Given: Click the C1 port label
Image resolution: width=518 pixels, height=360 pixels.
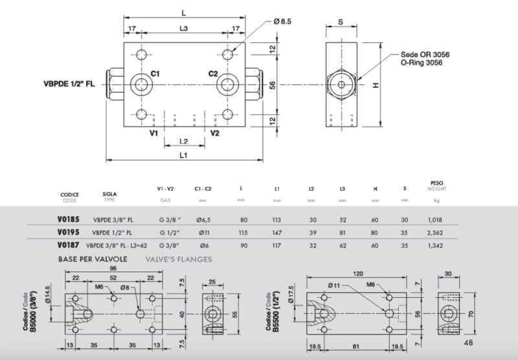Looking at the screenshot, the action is [x=155, y=74].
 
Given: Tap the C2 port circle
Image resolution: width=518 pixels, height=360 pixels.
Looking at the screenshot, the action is [x=228, y=85].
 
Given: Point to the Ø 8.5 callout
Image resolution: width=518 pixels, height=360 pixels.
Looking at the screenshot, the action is [x=282, y=21].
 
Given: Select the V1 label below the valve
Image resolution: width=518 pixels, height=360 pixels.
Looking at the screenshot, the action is [x=153, y=133].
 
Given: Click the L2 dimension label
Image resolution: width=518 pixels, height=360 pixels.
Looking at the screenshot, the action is [x=184, y=141].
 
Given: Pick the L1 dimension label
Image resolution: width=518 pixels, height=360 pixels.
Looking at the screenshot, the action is [x=183, y=155].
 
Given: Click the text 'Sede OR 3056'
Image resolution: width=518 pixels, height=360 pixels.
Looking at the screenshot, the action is [x=425, y=54].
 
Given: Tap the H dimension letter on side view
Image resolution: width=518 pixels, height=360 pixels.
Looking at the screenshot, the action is [x=376, y=85].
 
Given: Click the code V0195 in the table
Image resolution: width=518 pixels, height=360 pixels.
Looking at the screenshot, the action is [x=69, y=232].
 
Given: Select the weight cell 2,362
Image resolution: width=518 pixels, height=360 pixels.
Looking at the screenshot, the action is [x=434, y=233].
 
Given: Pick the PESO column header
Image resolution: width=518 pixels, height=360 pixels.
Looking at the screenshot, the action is [x=436, y=183].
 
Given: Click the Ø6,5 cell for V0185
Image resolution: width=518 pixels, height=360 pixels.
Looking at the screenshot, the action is [x=203, y=220].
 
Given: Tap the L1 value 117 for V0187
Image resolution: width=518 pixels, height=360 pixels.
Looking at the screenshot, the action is [x=276, y=246].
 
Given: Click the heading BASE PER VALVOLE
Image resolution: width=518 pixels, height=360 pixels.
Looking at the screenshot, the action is [x=93, y=259].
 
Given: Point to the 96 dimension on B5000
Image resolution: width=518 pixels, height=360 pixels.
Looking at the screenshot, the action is [x=113, y=268].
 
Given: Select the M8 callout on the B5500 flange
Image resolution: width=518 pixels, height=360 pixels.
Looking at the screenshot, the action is [x=370, y=285].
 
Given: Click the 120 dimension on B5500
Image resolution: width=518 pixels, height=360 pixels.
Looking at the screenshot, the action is [x=358, y=273].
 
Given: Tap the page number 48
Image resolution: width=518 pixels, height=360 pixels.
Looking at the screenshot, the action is [x=468, y=343].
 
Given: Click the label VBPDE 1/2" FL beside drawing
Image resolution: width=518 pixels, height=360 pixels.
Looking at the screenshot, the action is [x=69, y=84].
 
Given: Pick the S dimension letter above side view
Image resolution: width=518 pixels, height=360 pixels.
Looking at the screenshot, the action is [x=341, y=22].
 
